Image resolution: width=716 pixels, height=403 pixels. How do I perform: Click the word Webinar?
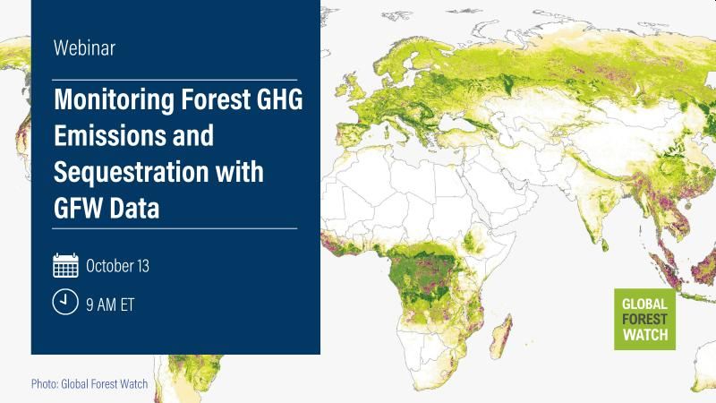pyautogui.click(x=84, y=48)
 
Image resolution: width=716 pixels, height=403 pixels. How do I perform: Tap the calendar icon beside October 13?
pyautogui.click(x=65, y=265)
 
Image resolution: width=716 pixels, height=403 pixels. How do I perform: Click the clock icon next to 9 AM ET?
pyautogui.click(x=65, y=302)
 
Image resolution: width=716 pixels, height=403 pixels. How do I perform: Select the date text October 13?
pyautogui.click(x=117, y=266)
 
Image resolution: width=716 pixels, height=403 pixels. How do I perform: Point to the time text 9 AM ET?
pyautogui.click(x=110, y=304)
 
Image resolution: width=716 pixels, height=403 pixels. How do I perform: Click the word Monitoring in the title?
pyautogui.click(x=115, y=100)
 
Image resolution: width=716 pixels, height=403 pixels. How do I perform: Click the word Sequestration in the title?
pyautogui.click(x=131, y=172)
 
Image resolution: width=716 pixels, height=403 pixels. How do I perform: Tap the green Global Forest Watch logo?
pyautogui.click(x=644, y=319)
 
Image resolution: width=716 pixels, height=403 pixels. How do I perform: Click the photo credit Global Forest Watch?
pyautogui.click(x=89, y=384)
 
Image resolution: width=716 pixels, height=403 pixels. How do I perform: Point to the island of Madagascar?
pyautogui.click(x=501, y=336)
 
